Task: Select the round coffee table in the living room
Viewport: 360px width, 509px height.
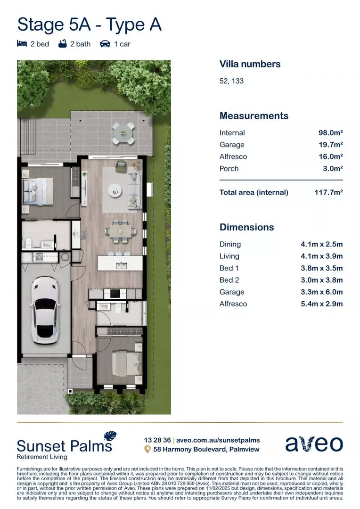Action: point(115,190)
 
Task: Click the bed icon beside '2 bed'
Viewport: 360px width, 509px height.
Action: point(22,44)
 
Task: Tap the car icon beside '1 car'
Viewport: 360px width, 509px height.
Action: point(105,44)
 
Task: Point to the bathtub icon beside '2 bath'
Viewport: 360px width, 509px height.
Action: point(62,44)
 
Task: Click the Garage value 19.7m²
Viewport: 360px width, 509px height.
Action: point(330,145)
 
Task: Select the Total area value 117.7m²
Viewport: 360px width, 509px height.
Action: point(328,192)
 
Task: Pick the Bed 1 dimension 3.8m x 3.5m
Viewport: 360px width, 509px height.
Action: point(322,268)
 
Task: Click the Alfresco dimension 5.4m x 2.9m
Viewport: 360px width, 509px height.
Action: point(322,304)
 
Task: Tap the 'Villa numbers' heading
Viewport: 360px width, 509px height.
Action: point(250,64)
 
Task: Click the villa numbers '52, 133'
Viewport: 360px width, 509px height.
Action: point(231,81)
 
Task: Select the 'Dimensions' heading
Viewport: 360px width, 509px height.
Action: point(246,227)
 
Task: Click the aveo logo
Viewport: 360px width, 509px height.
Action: point(314,443)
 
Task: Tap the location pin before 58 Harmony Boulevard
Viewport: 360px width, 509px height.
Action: point(147,449)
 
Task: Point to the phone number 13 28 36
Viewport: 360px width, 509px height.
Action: point(157,440)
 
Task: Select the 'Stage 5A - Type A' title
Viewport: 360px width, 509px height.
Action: point(90,24)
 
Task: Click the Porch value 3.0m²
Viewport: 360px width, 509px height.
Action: point(332,169)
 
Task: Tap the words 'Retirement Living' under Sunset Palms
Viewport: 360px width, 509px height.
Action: point(42,457)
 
